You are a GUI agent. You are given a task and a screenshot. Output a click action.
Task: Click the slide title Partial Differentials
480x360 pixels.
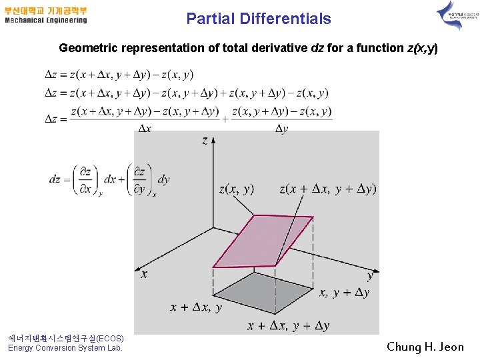(x=259, y=19)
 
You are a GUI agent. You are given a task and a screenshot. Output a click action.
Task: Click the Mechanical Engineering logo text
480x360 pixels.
(x=46, y=20)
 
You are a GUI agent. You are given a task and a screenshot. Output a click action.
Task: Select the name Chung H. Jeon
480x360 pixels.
(x=425, y=347)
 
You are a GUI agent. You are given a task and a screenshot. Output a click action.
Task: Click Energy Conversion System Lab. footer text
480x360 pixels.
(x=65, y=348)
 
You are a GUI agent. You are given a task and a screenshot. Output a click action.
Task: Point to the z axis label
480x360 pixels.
(x=205, y=140)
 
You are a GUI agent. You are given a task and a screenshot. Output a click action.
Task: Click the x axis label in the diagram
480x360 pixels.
(x=144, y=273)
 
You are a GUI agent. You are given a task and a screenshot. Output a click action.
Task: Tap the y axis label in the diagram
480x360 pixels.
(x=371, y=275)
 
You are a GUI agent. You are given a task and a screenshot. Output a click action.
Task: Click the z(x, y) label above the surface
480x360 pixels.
(x=236, y=189)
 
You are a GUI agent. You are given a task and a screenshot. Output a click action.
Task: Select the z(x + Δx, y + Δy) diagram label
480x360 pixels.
(x=328, y=189)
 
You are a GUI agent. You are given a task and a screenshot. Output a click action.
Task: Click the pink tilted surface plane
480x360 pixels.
(x=263, y=240)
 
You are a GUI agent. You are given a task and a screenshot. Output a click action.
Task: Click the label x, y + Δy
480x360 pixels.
(x=345, y=293)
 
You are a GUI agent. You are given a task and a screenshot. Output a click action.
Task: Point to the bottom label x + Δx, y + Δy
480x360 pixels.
(x=288, y=325)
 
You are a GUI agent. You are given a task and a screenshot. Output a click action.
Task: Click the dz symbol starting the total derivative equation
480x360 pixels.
(x=55, y=179)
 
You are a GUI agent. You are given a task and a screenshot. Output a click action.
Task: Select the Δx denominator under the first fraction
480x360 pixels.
(x=144, y=128)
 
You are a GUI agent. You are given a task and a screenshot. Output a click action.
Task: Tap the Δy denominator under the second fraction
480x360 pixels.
(x=281, y=128)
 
